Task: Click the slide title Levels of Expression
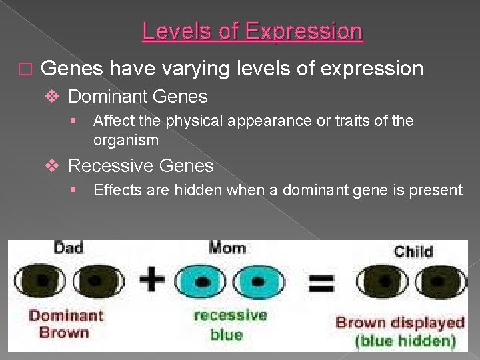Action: point(253,31)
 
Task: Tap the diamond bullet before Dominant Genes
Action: point(55,97)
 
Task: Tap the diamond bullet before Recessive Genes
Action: point(55,166)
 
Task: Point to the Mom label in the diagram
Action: point(227,248)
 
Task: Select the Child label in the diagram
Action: point(413,251)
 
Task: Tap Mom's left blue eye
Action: point(201,281)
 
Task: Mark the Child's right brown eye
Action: point(435,281)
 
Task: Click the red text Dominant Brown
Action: point(66,323)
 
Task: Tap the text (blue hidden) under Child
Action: point(405,342)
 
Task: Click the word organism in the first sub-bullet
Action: point(126,141)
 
